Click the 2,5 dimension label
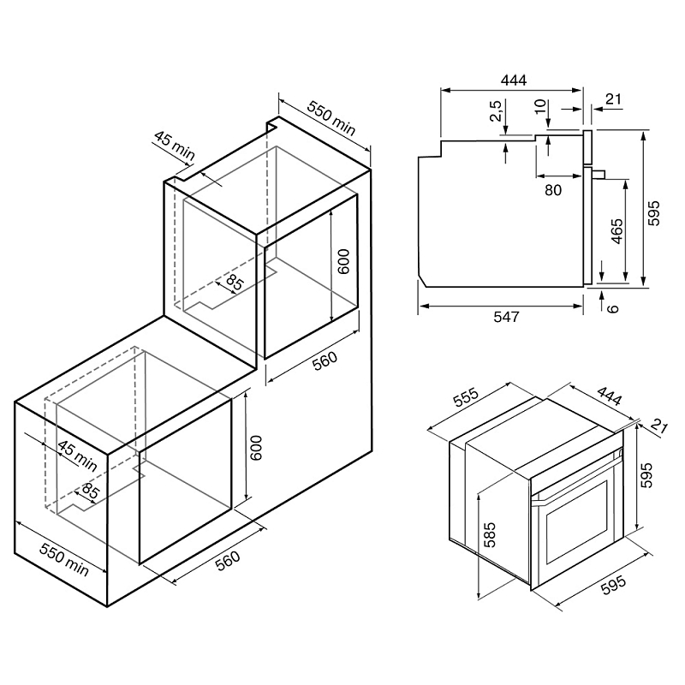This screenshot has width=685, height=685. (496, 113)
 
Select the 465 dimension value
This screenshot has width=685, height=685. (617, 231)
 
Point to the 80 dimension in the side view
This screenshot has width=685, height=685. (553, 189)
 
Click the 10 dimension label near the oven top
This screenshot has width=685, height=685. (539, 108)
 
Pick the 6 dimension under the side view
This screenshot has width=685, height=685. (611, 306)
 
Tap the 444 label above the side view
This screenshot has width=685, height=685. (513, 80)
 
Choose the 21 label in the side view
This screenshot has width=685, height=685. (613, 99)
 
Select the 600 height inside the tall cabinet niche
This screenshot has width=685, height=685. (343, 260)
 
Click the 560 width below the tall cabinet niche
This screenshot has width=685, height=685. (325, 363)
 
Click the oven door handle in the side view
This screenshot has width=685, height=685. (599, 175)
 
